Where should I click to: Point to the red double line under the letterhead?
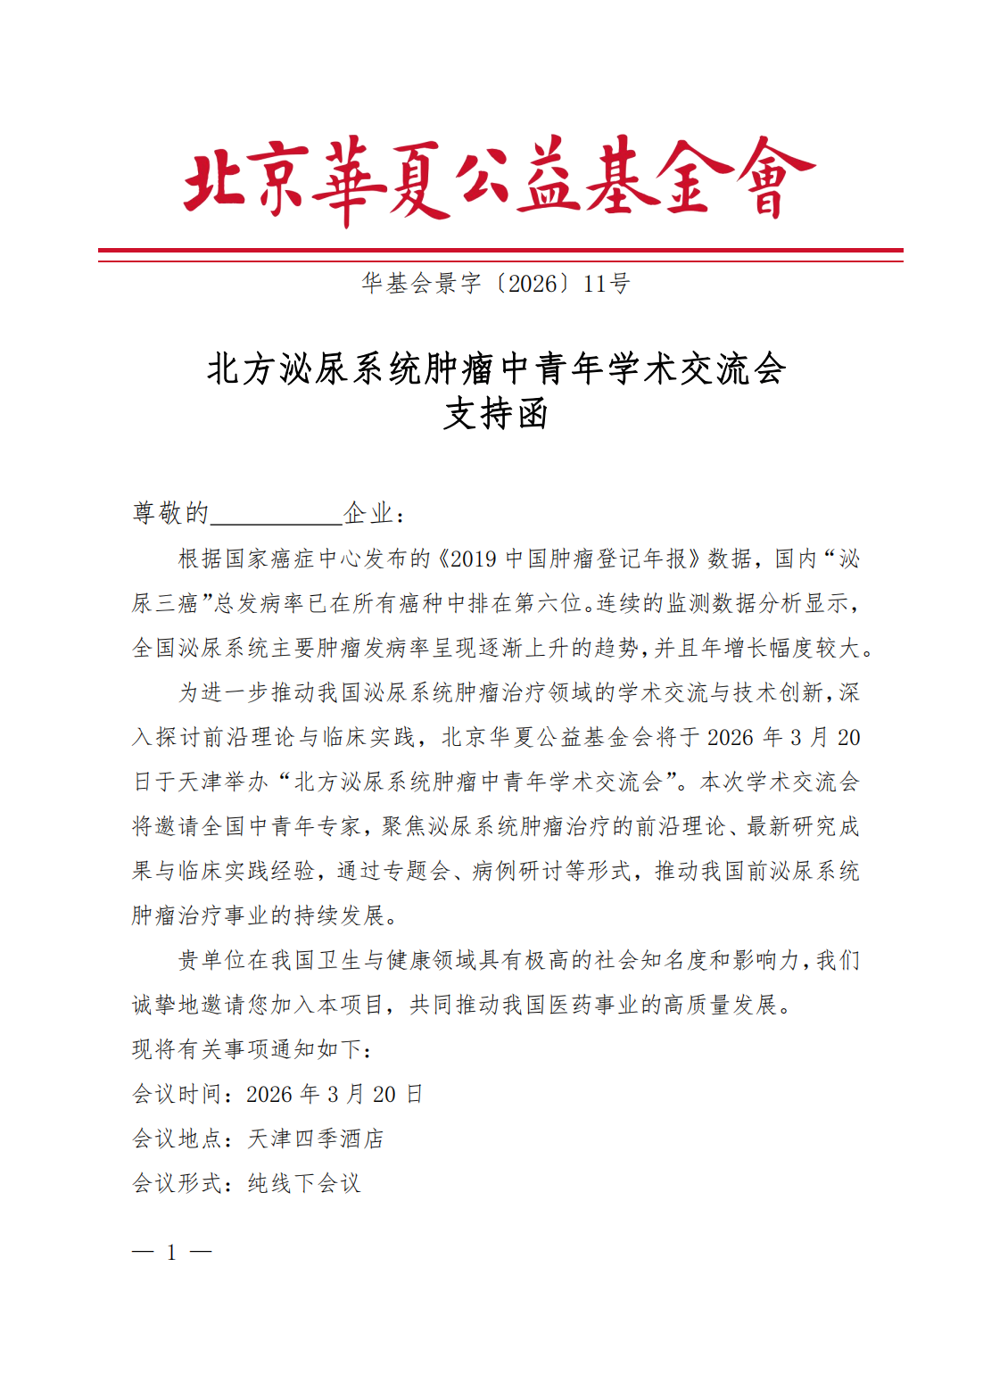[500, 254]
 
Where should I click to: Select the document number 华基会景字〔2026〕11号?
[496, 284]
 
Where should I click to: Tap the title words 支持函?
[496, 413]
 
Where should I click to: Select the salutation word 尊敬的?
[170, 513]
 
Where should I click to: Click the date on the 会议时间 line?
[335, 1094]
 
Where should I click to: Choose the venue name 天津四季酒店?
[316, 1138]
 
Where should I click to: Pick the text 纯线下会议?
[304, 1183]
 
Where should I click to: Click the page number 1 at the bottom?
[171, 1253]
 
